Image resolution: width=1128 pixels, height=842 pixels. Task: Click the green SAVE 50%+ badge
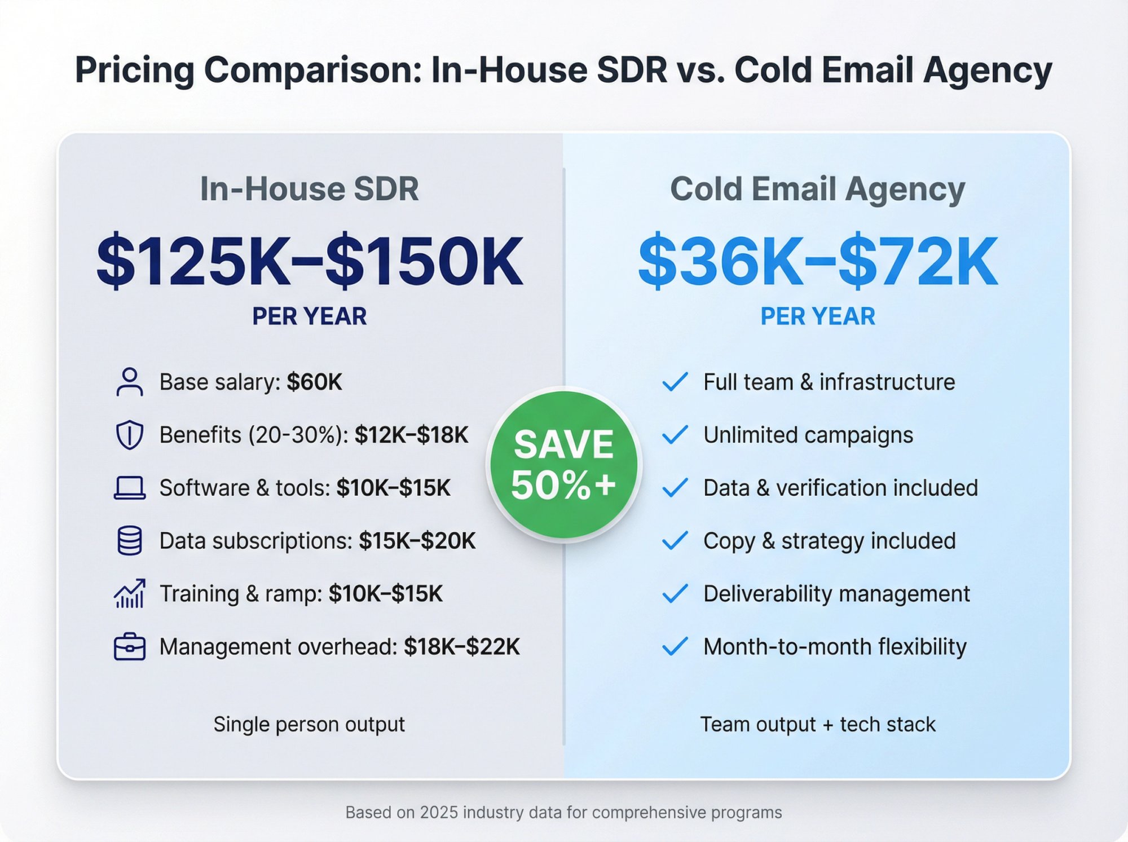click(x=563, y=464)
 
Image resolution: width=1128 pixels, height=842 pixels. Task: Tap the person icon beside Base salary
click(x=130, y=382)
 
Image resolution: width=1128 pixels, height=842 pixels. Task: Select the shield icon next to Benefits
click(x=130, y=435)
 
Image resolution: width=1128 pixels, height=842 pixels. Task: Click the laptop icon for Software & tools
click(x=130, y=488)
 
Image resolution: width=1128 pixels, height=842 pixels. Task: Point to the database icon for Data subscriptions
click(x=130, y=541)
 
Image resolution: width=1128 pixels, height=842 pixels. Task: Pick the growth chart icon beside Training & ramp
click(x=130, y=594)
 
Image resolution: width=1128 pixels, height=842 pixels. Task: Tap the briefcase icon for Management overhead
click(x=130, y=647)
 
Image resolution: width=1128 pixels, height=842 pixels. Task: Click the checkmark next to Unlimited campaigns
click(x=675, y=435)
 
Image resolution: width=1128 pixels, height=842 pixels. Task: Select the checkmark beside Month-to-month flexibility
click(x=675, y=646)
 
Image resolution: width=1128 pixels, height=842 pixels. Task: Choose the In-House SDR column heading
click(x=310, y=188)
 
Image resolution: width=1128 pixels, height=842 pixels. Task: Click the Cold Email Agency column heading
click(x=818, y=188)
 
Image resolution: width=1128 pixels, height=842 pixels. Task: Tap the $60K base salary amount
click(x=314, y=382)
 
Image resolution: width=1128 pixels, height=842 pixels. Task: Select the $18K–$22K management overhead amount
click(x=461, y=647)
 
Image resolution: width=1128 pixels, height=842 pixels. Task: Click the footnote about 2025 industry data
click(x=563, y=812)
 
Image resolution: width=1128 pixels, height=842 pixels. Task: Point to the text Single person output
click(x=309, y=724)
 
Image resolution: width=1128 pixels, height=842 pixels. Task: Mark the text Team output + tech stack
click(x=818, y=724)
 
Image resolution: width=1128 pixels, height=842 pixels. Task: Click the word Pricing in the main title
click(x=135, y=70)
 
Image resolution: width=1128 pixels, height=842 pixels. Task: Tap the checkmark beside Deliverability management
click(x=675, y=593)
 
